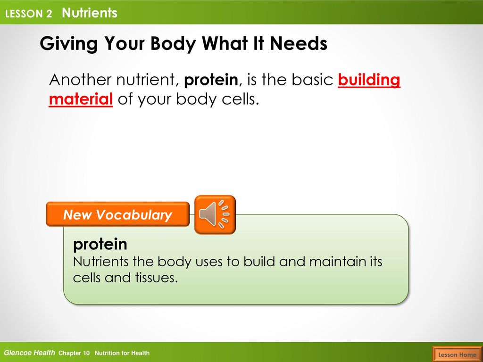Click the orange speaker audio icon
(215, 214)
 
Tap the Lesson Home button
(457, 354)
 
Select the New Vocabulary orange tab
(117, 214)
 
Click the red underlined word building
(369, 80)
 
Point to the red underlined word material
(81, 99)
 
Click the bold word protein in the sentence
(211, 80)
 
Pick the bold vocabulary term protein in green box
(100, 245)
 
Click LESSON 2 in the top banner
(28, 14)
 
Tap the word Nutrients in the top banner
(90, 13)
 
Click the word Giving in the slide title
(69, 44)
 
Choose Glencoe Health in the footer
(30, 353)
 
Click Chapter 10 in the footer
(74, 353)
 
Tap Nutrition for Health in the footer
(122, 353)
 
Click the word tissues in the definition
(157, 277)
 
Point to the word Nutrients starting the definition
(101, 262)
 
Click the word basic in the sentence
(312, 80)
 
